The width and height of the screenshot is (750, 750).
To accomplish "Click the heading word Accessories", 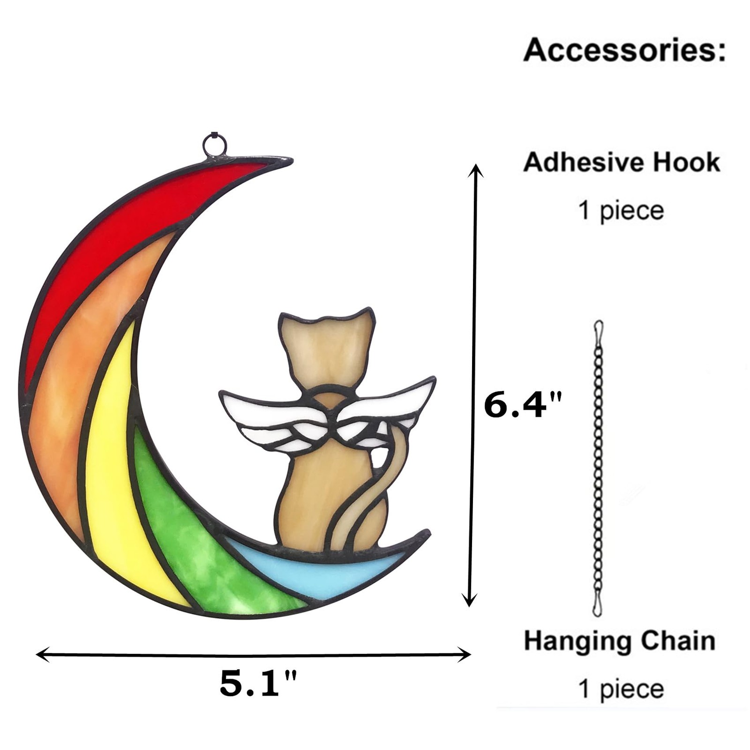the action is pos(625,50).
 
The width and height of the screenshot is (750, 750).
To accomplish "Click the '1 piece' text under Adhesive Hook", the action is pos(621,210).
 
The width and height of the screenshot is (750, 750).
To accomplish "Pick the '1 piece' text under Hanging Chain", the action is pos(621,689).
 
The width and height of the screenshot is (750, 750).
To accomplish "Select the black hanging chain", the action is pos(599,469).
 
